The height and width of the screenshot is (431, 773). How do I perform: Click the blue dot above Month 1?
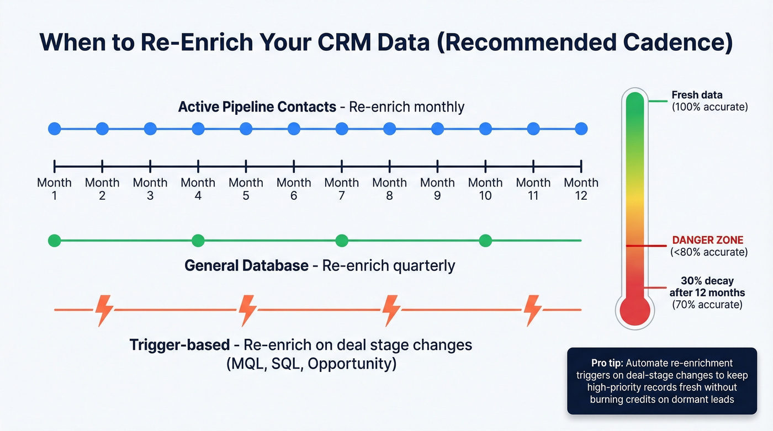point(54,129)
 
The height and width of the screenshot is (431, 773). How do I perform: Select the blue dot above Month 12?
point(581,129)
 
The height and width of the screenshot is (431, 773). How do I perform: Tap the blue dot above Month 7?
point(342,129)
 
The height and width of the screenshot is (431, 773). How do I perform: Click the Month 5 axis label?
point(246,189)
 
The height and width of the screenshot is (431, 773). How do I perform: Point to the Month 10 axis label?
point(485,189)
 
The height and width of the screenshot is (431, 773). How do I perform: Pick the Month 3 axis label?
point(150,189)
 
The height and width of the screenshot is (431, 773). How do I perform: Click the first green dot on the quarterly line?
point(54,241)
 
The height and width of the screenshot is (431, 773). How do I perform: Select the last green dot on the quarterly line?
point(485,241)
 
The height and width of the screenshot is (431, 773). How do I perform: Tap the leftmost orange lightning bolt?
point(104,310)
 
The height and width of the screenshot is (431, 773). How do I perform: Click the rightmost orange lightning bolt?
point(533,310)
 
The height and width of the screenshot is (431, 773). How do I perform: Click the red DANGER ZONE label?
point(708,240)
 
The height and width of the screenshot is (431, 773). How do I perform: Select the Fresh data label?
point(697,95)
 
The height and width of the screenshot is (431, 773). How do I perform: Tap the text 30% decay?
point(707,280)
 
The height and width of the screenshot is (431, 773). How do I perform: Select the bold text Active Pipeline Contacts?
point(257,107)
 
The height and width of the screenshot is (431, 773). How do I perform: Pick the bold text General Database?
point(246,265)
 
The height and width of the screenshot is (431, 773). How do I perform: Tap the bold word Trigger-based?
point(179,345)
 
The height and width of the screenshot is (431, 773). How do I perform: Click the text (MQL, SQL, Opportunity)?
point(311,364)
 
